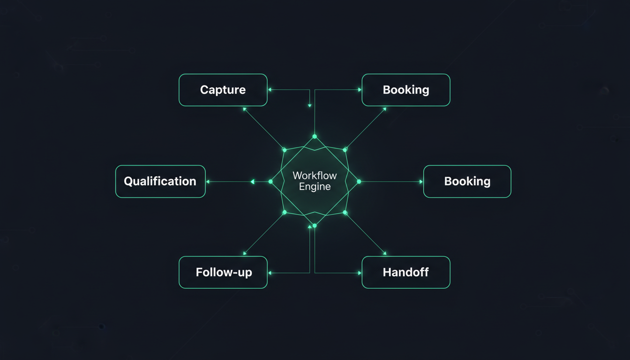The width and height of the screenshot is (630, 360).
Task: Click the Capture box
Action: (x=223, y=90)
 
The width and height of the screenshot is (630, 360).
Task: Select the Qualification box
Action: (x=160, y=181)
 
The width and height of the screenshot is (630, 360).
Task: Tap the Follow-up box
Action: (x=223, y=272)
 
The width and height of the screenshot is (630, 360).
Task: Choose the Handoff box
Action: (x=406, y=272)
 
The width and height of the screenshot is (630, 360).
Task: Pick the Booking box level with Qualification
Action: (x=467, y=181)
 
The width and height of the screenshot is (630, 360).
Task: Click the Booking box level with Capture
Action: (x=406, y=90)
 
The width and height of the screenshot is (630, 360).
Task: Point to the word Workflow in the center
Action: (x=315, y=176)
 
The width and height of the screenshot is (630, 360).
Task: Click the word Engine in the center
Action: (x=315, y=187)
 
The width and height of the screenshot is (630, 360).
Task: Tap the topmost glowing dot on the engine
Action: (x=315, y=136)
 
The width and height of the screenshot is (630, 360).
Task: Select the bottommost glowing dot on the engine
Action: (x=315, y=225)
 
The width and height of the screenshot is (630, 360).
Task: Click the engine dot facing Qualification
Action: (x=270, y=181)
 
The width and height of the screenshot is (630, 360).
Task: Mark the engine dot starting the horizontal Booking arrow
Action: (x=359, y=181)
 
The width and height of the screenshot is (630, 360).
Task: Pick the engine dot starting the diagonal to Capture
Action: (x=284, y=150)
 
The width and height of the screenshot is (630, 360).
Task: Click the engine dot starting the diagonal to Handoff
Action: (x=345, y=213)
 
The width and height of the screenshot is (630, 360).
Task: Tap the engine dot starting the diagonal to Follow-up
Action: (x=284, y=213)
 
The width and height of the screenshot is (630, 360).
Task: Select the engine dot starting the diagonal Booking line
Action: (x=345, y=150)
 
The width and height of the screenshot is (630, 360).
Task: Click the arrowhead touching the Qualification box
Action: (x=208, y=181)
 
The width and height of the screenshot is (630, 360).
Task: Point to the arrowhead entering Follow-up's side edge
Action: (x=270, y=272)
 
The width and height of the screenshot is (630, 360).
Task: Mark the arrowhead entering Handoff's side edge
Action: (x=360, y=272)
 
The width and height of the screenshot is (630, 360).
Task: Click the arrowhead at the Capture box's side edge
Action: (x=270, y=90)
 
